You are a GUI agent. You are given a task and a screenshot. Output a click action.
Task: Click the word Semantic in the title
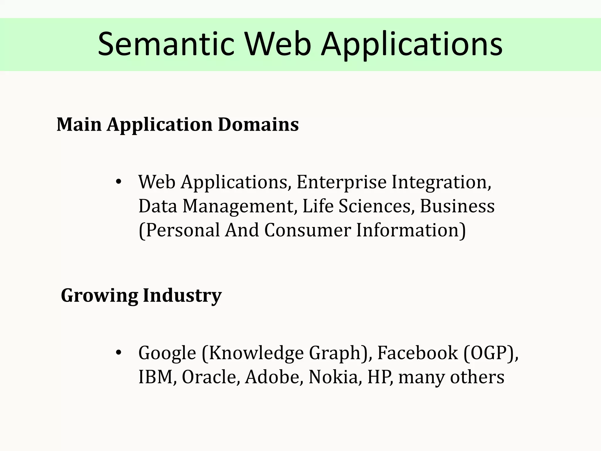click(x=166, y=45)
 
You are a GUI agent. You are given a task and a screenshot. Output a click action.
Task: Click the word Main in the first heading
click(x=79, y=124)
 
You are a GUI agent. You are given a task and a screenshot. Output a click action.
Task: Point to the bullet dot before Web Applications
click(x=118, y=182)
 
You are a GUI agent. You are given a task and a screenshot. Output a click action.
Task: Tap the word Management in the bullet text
click(x=238, y=206)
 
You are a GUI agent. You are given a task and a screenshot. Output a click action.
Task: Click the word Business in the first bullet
click(x=457, y=206)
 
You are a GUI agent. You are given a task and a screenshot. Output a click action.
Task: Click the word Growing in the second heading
click(x=99, y=296)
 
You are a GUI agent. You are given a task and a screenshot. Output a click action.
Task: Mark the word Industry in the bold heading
click(x=182, y=296)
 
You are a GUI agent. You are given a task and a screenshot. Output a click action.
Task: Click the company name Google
click(x=167, y=353)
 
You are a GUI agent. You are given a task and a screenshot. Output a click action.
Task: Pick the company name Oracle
click(x=209, y=377)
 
